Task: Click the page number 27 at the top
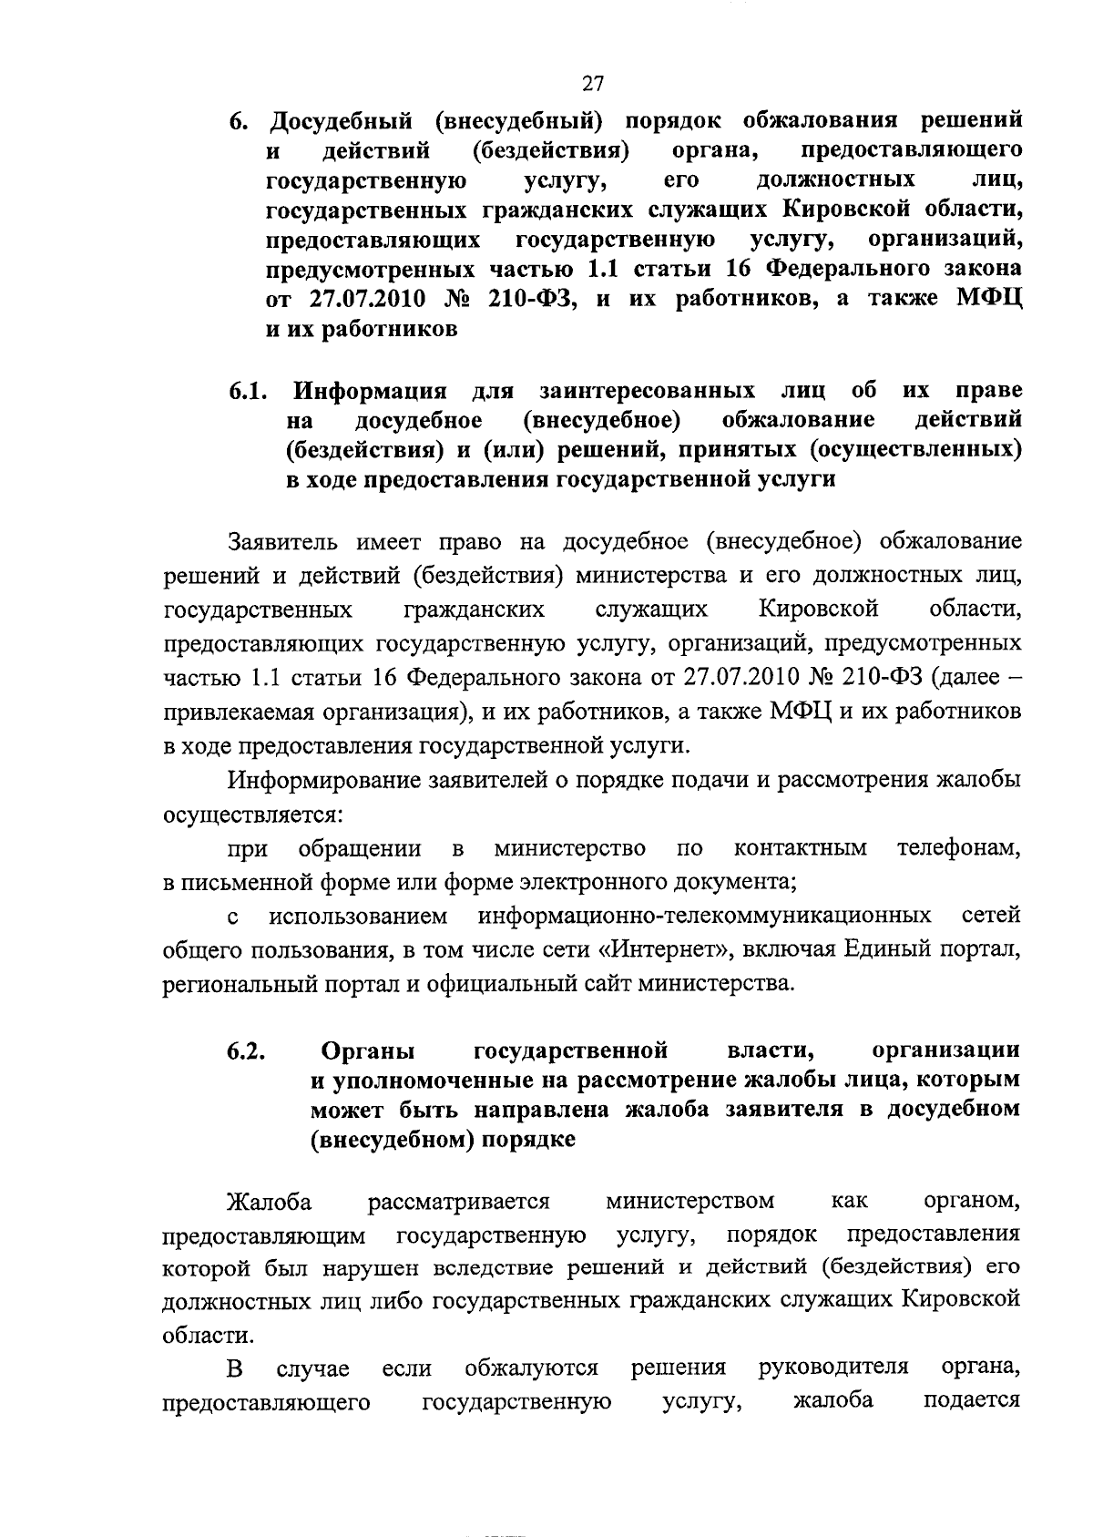[x=593, y=85]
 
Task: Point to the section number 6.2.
[x=247, y=1051]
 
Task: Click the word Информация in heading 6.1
[x=370, y=392]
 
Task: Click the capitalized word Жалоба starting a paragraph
[x=270, y=1202]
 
